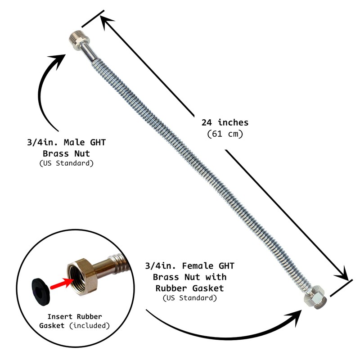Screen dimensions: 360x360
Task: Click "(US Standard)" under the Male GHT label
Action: [x=67, y=163]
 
